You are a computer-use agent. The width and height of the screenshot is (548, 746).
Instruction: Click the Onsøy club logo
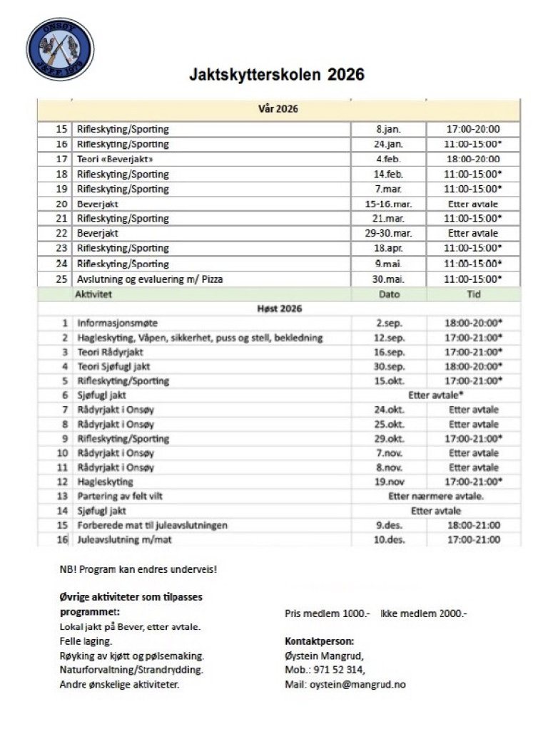[60, 49]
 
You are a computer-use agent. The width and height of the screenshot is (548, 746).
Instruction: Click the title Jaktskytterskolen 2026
[276, 75]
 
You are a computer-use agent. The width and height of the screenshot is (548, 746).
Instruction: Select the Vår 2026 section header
[278, 110]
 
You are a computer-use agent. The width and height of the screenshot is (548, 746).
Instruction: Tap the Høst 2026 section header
[279, 309]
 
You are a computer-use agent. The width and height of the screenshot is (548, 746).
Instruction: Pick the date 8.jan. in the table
[389, 130]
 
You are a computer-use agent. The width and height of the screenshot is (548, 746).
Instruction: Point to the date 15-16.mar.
[389, 204]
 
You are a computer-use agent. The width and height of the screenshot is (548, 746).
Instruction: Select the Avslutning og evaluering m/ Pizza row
[149, 279]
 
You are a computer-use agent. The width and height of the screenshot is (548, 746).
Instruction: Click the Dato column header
[389, 294]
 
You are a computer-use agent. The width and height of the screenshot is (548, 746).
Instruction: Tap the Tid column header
[473, 294]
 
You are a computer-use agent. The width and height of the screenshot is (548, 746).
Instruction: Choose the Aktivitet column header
[96, 294]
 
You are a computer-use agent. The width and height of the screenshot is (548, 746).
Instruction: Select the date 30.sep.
[389, 366]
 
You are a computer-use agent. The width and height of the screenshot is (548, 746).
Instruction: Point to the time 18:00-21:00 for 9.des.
[473, 525]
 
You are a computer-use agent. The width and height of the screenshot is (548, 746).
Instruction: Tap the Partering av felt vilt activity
[126, 496]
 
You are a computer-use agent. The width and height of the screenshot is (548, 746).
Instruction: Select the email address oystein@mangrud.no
[357, 685]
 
